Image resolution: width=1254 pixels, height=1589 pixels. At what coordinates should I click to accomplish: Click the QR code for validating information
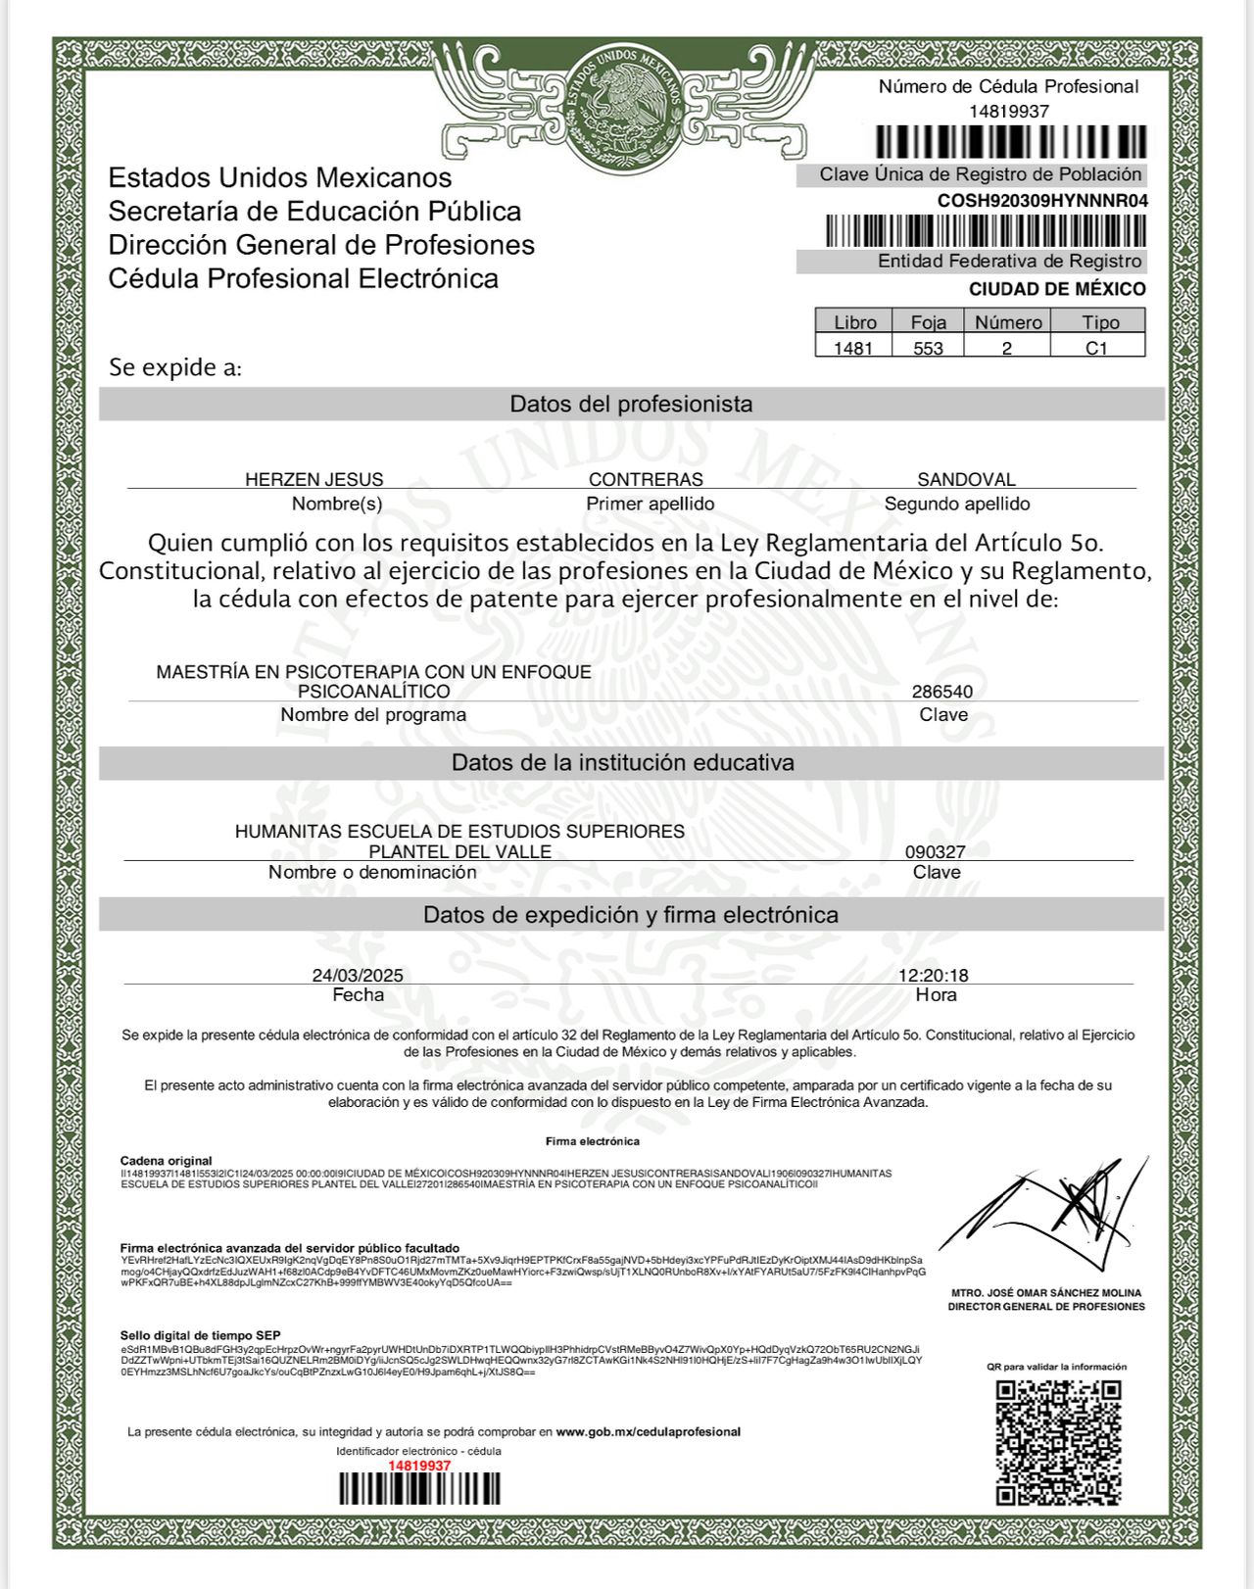1058,1442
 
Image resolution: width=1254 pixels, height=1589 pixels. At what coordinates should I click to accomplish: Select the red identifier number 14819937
419,1466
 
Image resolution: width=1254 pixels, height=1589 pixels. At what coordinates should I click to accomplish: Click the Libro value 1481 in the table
853,348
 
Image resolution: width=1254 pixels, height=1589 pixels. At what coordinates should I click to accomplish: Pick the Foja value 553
928,348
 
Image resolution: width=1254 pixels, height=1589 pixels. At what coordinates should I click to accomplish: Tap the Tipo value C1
1096,348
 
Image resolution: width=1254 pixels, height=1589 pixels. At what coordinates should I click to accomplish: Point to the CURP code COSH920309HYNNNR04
1042,201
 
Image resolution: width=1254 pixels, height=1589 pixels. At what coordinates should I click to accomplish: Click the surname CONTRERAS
646,479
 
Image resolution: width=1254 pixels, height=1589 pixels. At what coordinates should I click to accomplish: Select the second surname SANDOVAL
966,479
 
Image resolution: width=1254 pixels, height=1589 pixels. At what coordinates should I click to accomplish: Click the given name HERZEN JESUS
314,479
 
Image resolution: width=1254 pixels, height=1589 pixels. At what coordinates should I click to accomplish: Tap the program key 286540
942,692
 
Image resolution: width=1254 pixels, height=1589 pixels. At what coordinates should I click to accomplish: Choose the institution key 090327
936,852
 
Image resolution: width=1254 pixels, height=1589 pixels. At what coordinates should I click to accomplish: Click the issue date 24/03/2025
358,975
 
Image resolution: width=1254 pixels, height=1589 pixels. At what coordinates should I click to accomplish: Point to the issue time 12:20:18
934,975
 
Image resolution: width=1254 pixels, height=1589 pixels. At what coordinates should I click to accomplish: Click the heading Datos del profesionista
631,404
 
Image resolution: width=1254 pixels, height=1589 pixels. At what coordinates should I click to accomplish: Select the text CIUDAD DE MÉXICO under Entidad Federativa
1057,289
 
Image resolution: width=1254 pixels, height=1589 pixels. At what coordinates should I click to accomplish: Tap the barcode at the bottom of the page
419,1489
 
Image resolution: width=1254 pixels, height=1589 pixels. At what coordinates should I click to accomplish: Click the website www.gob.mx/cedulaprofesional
649,1432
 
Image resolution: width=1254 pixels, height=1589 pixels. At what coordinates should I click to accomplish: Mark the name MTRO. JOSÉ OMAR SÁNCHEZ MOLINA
1046,1293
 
